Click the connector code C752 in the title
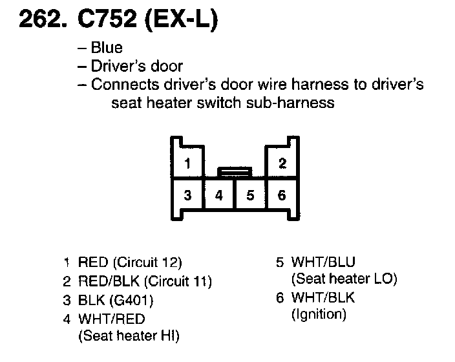[106, 21]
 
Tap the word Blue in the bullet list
[107, 48]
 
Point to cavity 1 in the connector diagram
[187, 164]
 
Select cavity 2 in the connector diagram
[282, 164]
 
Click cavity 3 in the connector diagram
[187, 195]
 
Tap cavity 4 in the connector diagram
[219, 195]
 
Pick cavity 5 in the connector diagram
[250, 195]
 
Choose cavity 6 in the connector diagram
[282, 195]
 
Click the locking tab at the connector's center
[234, 172]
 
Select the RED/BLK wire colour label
[108, 281]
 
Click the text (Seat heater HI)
[129, 335]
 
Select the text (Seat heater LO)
[344, 280]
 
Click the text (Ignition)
[319, 315]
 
